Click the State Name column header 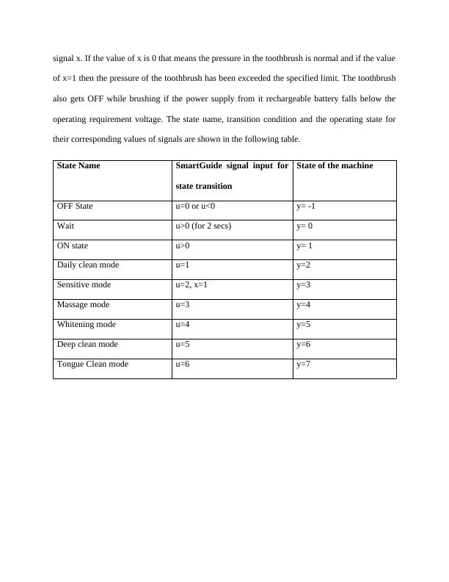pos(79,166)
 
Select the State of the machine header pos(335,166)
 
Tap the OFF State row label pos(75,206)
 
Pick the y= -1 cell pos(306,206)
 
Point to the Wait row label pos(66,226)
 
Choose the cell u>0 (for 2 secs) pos(203,226)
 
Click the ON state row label pos(72,246)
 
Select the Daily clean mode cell pos(87,265)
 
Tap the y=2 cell pos(304,265)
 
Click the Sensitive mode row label pos(84,285)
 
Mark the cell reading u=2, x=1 pos(191,285)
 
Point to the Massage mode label pos(83,305)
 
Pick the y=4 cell pos(304,305)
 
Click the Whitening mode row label pos(86,325)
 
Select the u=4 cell pos(183,325)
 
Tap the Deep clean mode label pos(87,345)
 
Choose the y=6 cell pos(304,345)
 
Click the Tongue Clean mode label pos(92,364)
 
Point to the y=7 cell pos(304,364)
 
